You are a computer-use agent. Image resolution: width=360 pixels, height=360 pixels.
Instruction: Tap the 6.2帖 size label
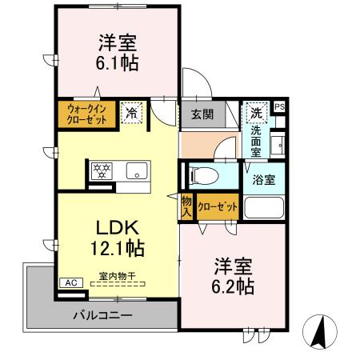point(233,285)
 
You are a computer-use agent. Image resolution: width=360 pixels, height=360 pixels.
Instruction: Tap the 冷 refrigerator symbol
point(130,114)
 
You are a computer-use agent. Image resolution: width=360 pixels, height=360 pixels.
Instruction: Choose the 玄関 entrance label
point(202,114)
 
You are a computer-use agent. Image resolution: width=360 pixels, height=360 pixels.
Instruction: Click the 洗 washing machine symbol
point(255,111)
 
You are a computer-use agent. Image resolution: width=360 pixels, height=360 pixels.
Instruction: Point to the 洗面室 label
point(255,139)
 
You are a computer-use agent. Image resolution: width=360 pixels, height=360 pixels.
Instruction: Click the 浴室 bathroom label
point(265,179)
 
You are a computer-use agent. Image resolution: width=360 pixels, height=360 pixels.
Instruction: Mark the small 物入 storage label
point(186,207)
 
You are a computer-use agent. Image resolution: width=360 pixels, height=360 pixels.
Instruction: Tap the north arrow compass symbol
point(318,329)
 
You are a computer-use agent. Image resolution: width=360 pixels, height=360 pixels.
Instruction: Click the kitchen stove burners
point(102,170)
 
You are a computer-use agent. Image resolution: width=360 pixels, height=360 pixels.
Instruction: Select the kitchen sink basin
point(134,170)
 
